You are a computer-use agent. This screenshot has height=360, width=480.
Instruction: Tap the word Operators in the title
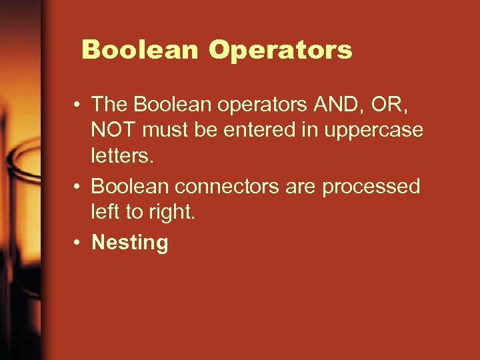[280, 50]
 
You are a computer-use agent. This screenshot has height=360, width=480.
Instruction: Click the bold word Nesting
[130, 243]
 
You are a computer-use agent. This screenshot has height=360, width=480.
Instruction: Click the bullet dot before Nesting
[78, 243]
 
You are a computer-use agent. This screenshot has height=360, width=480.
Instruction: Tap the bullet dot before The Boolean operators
[78, 104]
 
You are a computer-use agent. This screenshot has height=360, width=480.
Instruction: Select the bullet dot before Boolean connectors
[78, 187]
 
